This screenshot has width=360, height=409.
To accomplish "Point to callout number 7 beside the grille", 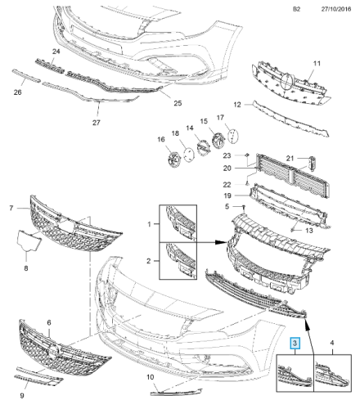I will pos(11,209).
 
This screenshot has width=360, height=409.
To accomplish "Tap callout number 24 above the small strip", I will pos(57,52).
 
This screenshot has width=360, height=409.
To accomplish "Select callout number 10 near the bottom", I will pos(150,377).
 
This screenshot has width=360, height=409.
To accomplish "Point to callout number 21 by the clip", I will pos(312,158).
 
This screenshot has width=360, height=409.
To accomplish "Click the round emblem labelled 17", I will pos(232,134).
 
